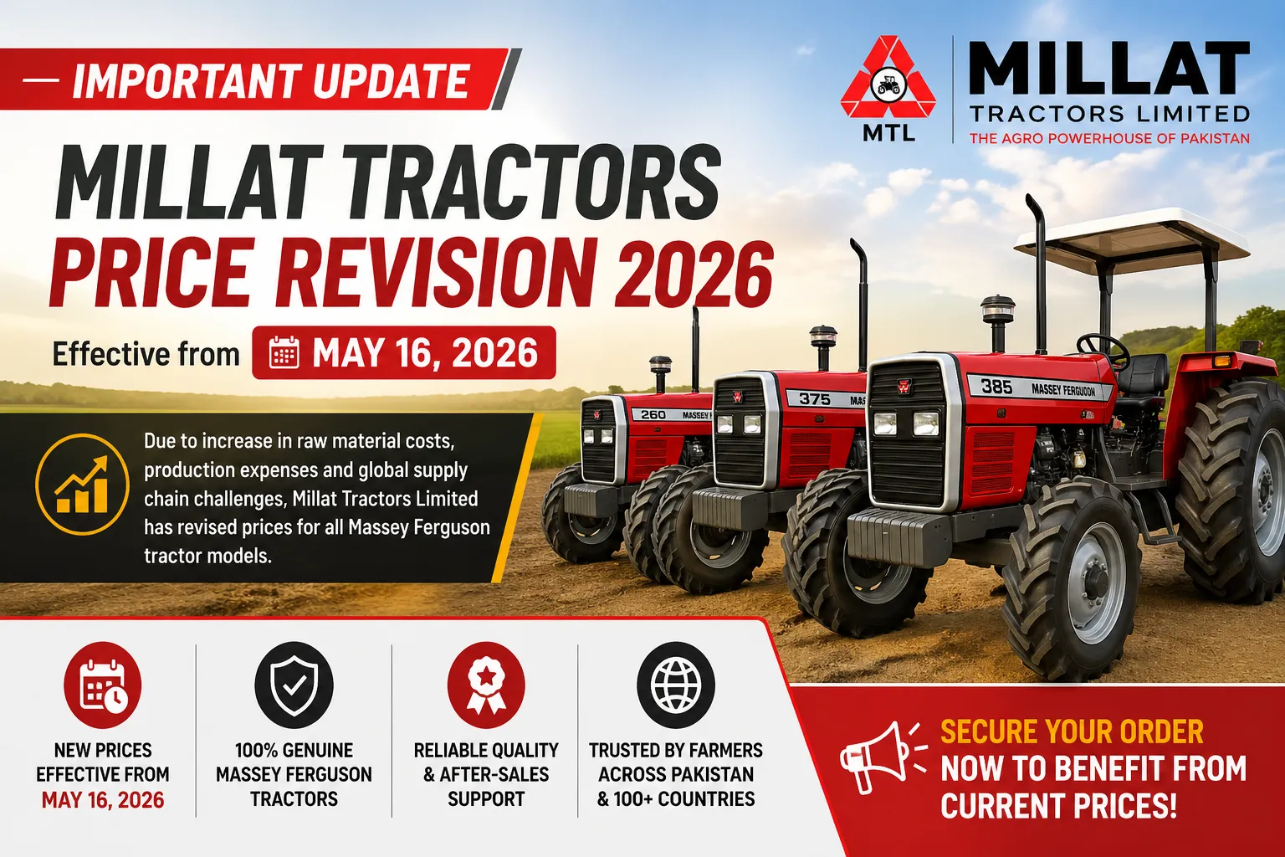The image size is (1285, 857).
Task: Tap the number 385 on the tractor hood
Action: (x=996, y=387)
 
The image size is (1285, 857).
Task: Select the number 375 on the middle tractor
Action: (x=814, y=398)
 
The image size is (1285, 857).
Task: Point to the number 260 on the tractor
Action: (x=653, y=414)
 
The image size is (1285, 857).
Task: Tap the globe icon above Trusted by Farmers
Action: (x=675, y=685)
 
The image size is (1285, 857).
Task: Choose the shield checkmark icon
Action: (x=294, y=685)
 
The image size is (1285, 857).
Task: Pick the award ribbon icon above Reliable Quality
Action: (x=485, y=685)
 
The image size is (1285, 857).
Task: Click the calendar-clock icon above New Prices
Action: (x=103, y=685)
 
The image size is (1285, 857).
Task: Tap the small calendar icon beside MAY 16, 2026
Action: (x=284, y=353)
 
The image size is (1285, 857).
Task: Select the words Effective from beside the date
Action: (x=146, y=354)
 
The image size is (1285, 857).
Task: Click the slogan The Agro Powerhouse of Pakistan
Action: (x=1109, y=138)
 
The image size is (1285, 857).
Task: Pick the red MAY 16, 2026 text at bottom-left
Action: (x=103, y=800)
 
